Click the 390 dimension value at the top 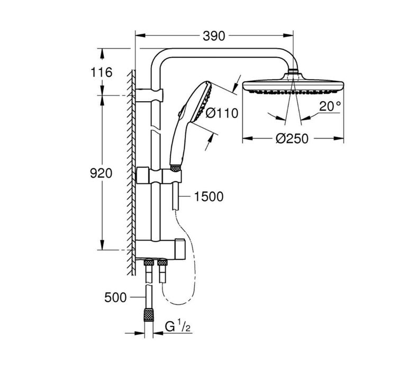pyautogui.click(x=214, y=36)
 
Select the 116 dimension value pyautogui.click(x=101, y=73)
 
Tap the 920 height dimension pyautogui.click(x=101, y=173)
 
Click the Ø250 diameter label pyautogui.click(x=292, y=139)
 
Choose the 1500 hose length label pyautogui.click(x=209, y=197)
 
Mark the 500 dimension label pyautogui.click(x=115, y=297)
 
